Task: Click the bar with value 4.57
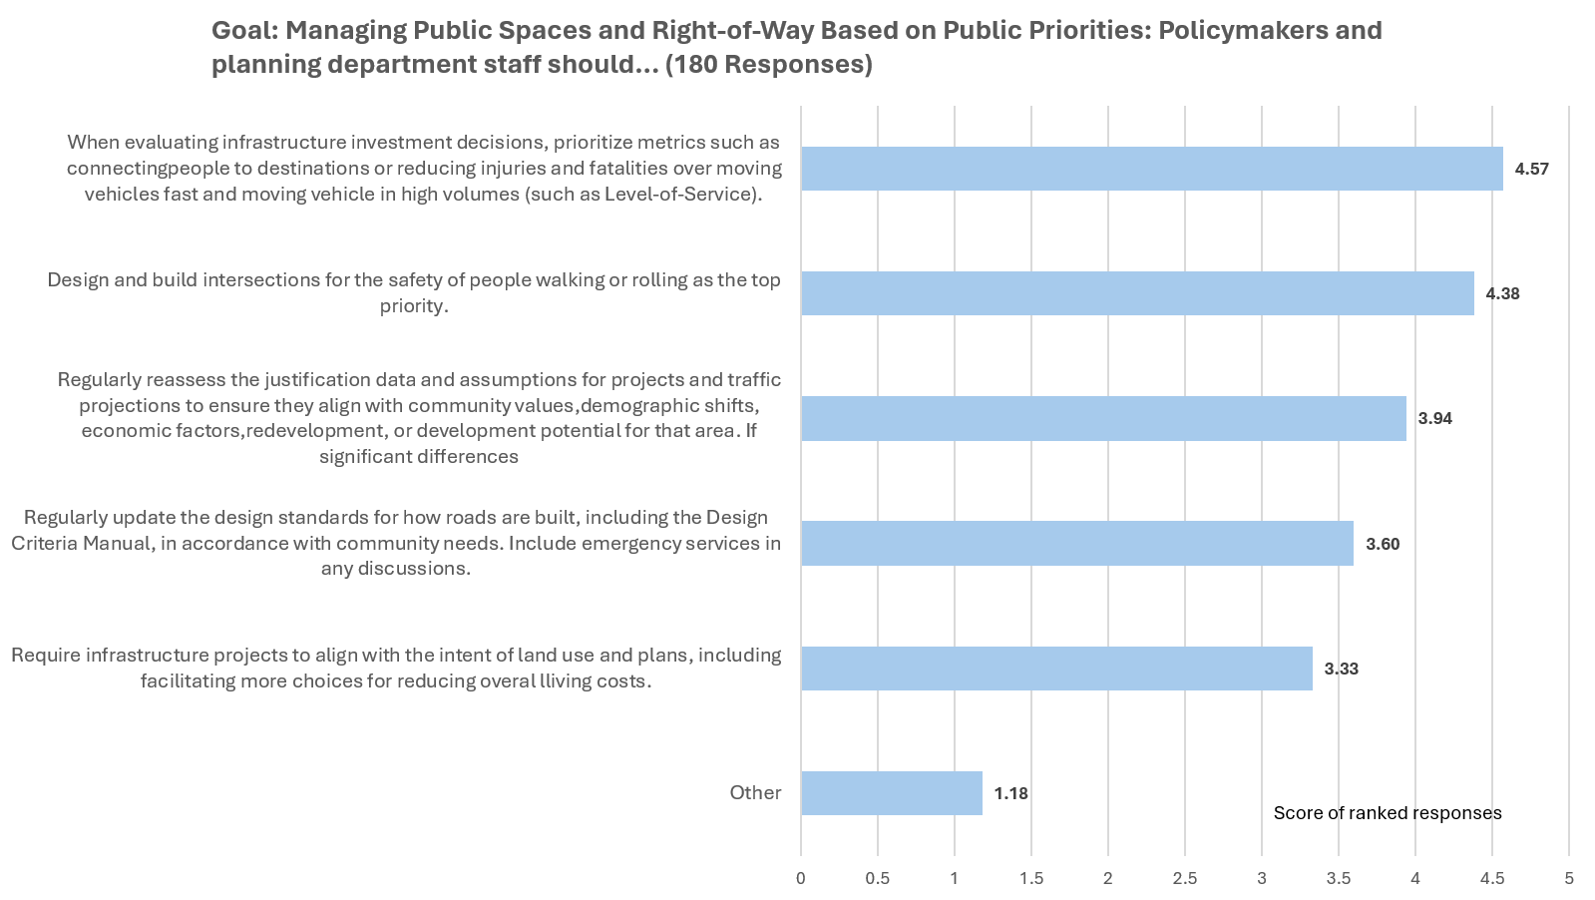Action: [x=1151, y=169]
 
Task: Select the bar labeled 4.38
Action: [x=1137, y=293]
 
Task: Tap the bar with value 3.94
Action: [x=1103, y=418]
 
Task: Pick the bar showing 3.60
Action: [x=1077, y=544]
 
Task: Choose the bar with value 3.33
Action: [x=1056, y=669]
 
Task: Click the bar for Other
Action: [x=891, y=793]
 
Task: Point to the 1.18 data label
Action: [x=1010, y=793]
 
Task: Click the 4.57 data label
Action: [x=1531, y=169]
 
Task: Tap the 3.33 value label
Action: [x=1341, y=669]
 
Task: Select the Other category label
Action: [x=755, y=792]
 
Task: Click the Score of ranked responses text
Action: [x=1387, y=813]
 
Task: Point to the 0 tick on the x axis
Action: [x=801, y=878]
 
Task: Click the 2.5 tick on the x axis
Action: [x=1185, y=878]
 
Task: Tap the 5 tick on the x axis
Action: [x=1569, y=878]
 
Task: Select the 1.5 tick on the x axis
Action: [x=1031, y=878]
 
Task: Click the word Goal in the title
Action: [x=242, y=31]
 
